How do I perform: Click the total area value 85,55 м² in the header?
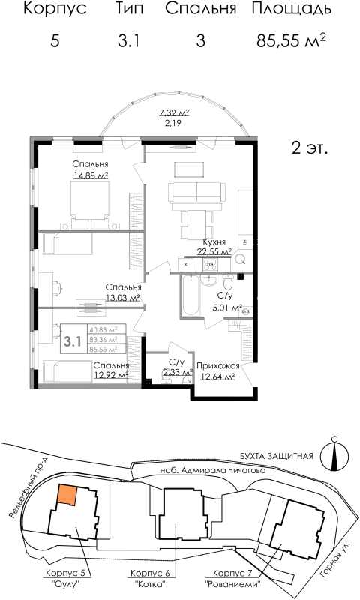(x=291, y=40)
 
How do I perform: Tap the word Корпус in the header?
(x=55, y=10)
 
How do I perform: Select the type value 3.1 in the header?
(x=129, y=41)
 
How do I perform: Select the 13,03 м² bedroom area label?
(x=123, y=297)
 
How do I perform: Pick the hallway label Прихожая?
(x=217, y=365)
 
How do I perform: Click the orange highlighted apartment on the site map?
(x=67, y=495)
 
